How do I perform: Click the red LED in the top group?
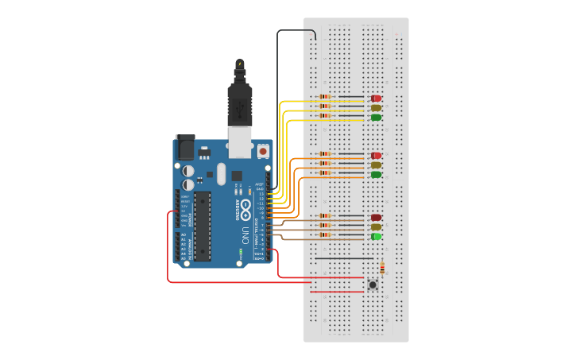(376, 98)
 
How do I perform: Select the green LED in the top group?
(376, 117)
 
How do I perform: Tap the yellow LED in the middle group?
(376, 165)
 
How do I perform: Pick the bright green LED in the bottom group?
(376, 236)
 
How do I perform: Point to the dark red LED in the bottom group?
(376, 217)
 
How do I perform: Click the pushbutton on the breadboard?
(373, 284)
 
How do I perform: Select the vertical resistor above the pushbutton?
(382, 267)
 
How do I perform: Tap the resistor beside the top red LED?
(325, 98)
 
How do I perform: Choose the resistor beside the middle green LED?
(325, 173)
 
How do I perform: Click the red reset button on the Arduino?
(263, 149)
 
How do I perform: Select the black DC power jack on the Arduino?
(184, 148)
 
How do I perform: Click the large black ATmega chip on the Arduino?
(203, 225)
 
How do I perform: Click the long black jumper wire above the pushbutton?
(343, 258)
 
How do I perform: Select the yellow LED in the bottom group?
(376, 226)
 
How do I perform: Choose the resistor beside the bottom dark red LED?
(325, 216)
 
